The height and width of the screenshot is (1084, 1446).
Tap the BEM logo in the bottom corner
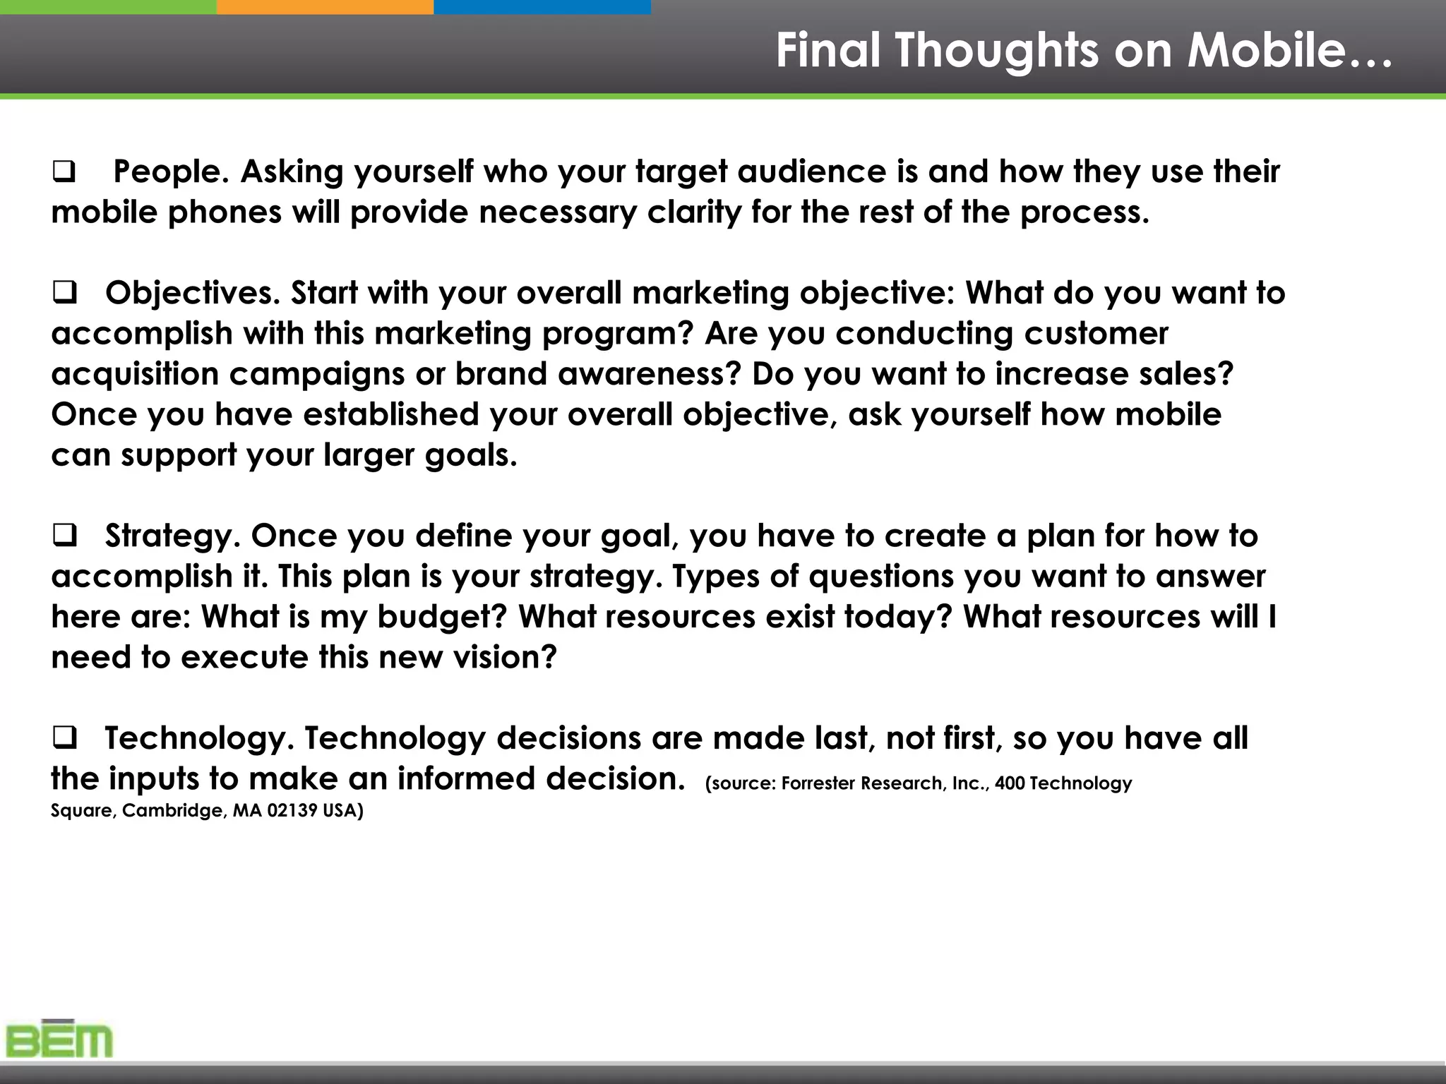(x=59, y=1040)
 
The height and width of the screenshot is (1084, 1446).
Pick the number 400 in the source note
(x=1009, y=783)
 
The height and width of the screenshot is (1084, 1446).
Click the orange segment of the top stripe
(x=325, y=6)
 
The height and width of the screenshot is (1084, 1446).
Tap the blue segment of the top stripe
(x=542, y=6)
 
